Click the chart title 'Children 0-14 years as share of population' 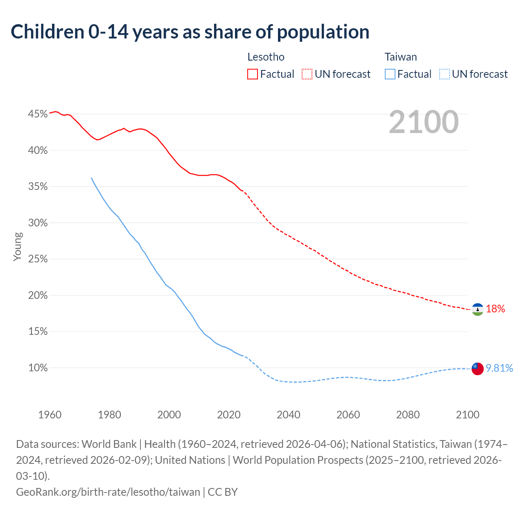click(x=190, y=32)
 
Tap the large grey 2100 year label click(x=424, y=122)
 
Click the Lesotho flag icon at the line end click(x=477, y=309)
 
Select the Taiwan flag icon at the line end click(x=477, y=368)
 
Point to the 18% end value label click(x=495, y=309)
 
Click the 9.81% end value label click(x=499, y=368)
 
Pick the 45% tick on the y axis click(x=38, y=114)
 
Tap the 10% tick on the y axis click(x=38, y=368)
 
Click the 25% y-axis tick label click(x=38, y=259)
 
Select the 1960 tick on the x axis click(x=50, y=415)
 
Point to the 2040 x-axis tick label click(x=289, y=415)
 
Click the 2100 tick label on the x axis click(x=468, y=415)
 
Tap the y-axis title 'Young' click(x=18, y=246)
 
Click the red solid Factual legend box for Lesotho click(x=253, y=74)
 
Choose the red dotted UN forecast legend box click(x=307, y=74)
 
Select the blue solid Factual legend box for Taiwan click(x=390, y=74)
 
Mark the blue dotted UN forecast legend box click(x=445, y=74)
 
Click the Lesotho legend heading click(x=266, y=57)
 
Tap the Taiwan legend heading click(x=401, y=57)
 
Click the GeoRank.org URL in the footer click(x=108, y=492)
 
